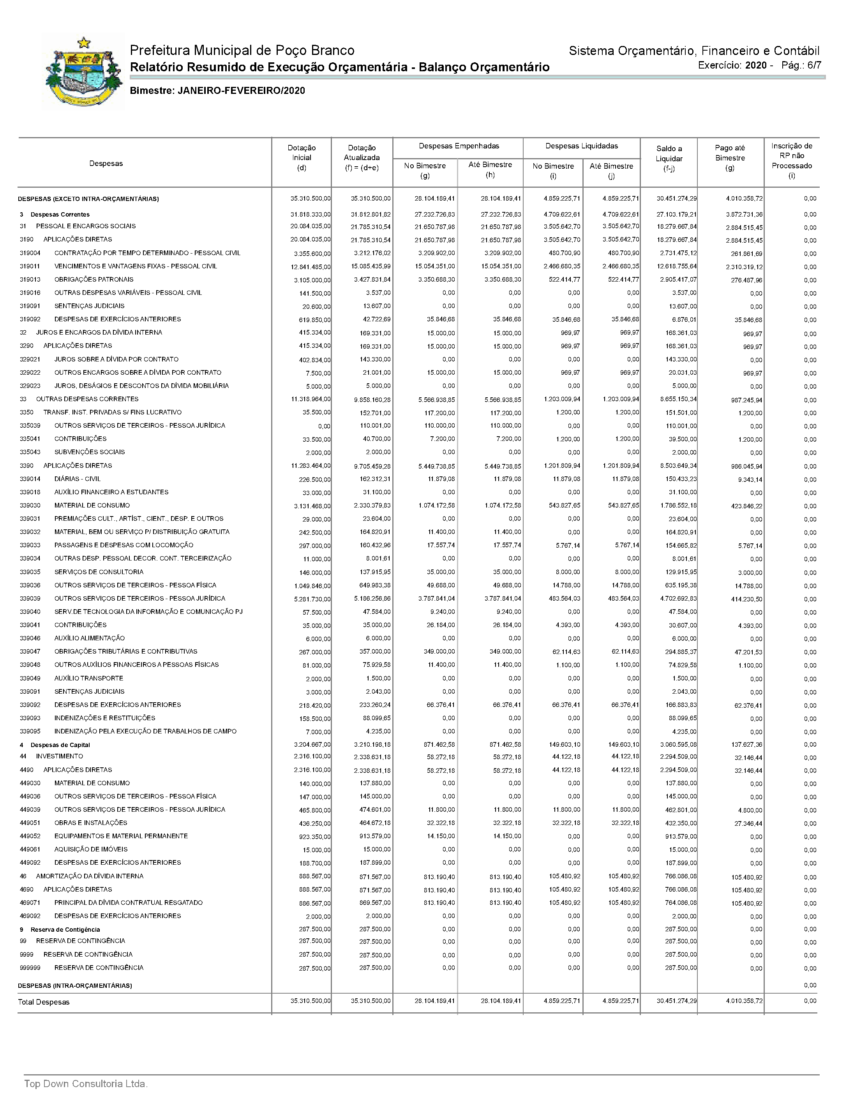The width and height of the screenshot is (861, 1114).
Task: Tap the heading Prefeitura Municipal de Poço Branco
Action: point(242,51)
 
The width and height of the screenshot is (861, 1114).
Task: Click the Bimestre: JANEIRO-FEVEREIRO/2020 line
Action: point(217,91)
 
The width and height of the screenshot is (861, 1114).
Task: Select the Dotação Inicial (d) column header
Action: point(302,158)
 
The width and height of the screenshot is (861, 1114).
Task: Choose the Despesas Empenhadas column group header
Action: point(459,146)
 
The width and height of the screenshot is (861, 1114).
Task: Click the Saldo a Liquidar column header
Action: point(669,158)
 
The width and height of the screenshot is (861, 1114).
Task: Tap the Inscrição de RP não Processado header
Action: point(791,160)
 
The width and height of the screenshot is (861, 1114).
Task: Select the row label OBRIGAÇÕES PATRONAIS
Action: point(94,280)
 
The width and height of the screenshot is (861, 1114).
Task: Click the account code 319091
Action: point(30,306)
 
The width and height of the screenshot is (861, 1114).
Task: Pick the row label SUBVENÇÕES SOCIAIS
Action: point(89,452)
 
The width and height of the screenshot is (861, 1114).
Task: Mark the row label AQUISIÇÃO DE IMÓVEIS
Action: point(91,849)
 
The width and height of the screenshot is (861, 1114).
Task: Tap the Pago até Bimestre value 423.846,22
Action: point(745,506)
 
